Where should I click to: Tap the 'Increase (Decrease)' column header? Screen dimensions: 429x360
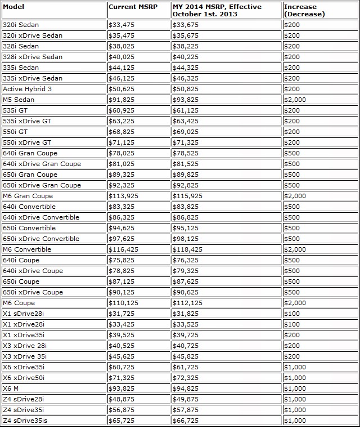304,10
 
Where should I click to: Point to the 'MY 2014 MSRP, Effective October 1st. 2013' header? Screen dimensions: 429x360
217,10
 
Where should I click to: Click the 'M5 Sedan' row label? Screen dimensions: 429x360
19,100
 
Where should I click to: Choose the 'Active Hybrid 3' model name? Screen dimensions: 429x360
27,89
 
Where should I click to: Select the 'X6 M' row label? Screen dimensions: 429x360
11,388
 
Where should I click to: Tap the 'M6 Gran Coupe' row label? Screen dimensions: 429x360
28,196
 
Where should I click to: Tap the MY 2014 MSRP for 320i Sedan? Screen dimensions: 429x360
185,25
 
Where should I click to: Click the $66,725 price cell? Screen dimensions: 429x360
185,421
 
